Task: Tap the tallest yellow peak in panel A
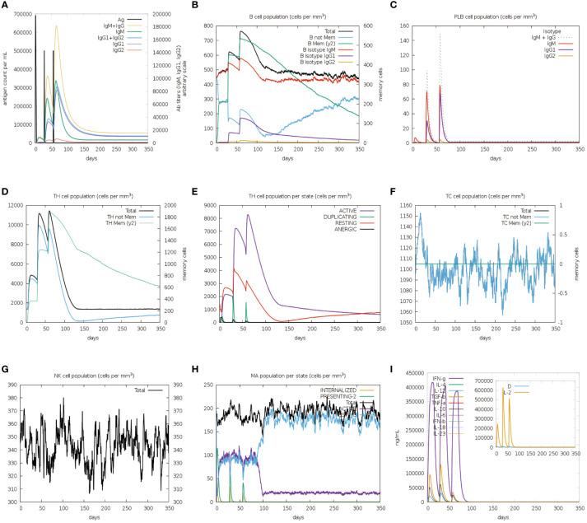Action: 57,26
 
